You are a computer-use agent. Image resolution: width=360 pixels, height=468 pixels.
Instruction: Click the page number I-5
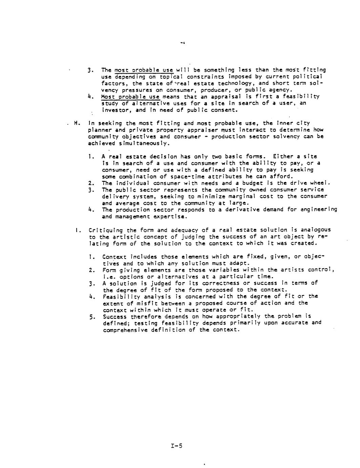coord(177,446)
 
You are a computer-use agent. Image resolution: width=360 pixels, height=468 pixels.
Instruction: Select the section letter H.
coord(77,123)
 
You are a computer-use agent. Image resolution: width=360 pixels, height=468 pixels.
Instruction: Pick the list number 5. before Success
coord(92,317)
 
